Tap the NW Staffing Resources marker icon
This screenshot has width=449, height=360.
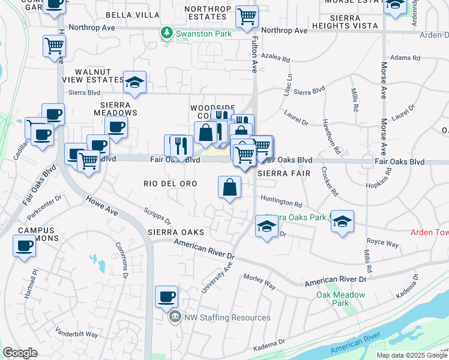click(175, 317)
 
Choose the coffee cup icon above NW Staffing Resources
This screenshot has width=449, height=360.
click(166, 296)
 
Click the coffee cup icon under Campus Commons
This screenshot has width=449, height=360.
click(25, 246)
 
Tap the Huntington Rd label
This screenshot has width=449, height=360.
click(281, 204)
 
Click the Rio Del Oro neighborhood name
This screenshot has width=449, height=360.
click(170, 183)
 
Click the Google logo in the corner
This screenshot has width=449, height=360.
click(20, 353)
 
